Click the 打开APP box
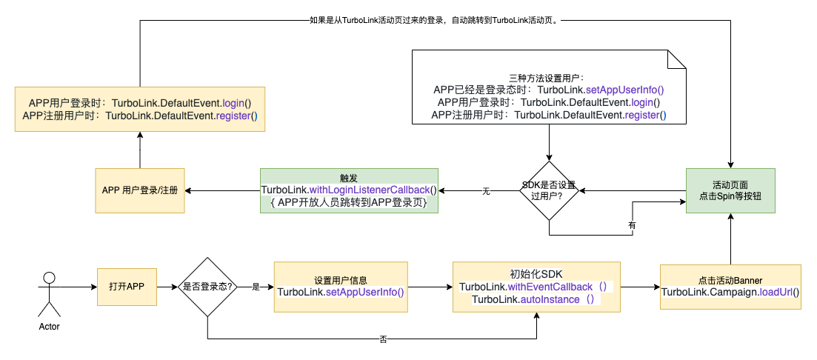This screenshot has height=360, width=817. pyautogui.click(x=127, y=287)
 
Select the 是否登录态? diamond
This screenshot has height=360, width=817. pyautogui.click(x=207, y=287)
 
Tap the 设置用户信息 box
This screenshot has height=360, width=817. pyautogui.click(x=341, y=286)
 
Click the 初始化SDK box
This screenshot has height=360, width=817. pyautogui.click(x=537, y=287)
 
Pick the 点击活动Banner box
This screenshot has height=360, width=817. pyautogui.click(x=730, y=287)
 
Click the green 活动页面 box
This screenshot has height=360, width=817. pyautogui.click(x=730, y=190)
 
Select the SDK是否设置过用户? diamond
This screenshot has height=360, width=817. pyautogui.click(x=549, y=190)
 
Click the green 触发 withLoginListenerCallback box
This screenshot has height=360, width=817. pyautogui.click(x=349, y=190)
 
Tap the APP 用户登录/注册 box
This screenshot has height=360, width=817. pyautogui.click(x=140, y=190)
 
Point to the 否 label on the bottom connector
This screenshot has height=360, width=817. pyautogui.click(x=383, y=339)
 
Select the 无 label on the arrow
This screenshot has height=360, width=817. pyautogui.click(x=486, y=191)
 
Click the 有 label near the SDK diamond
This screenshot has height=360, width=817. pyautogui.click(x=632, y=224)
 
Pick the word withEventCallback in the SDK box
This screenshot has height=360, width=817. pyautogui.click(x=550, y=287)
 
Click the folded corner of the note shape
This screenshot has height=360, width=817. pyautogui.click(x=678, y=59)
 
